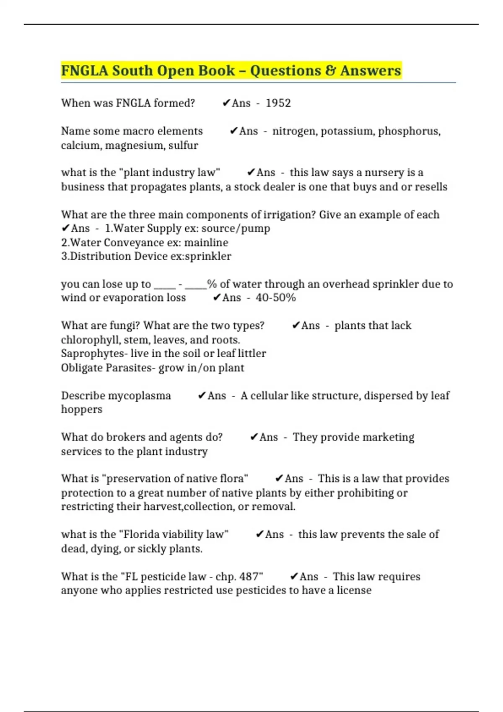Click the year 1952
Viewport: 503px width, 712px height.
[278, 103]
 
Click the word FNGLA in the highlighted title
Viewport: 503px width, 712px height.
[84, 70]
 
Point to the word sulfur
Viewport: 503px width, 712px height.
[183, 145]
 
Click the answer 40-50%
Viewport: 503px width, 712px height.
[275, 298]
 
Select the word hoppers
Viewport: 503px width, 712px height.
[82, 409]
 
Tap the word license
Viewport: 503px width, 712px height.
[354, 591]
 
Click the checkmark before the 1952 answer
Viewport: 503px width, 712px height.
[226, 103]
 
